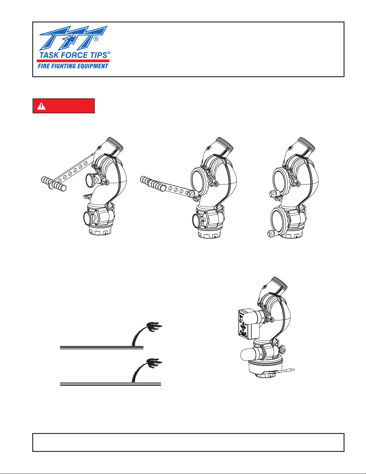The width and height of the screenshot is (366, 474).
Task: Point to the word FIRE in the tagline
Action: (43, 66)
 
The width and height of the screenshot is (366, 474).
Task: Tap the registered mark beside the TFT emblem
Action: (96, 39)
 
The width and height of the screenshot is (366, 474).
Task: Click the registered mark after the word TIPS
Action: (109, 53)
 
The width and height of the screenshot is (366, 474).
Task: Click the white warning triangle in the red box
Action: (41, 106)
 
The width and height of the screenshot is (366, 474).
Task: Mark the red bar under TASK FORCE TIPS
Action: (73, 61)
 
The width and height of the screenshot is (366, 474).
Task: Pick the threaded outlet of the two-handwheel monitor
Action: (307, 144)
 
